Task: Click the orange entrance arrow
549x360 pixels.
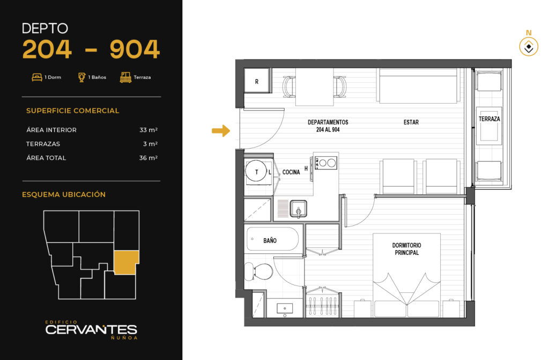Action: pyautogui.click(x=221, y=131)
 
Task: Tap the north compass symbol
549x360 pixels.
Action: pyautogui.click(x=528, y=47)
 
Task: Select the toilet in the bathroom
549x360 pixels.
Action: pyautogui.click(x=258, y=271)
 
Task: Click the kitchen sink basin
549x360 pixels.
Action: pyautogui.click(x=298, y=209)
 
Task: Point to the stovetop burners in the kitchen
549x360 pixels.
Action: pyautogui.click(x=326, y=163)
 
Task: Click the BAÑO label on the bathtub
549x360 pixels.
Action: pyautogui.click(x=270, y=240)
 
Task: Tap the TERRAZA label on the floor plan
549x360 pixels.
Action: pyautogui.click(x=489, y=119)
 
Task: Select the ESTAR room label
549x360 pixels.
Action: pyautogui.click(x=411, y=122)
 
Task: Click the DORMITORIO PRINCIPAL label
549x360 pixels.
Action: pyautogui.click(x=406, y=249)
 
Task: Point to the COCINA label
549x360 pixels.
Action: pyautogui.click(x=291, y=172)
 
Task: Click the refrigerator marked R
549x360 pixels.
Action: pyautogui.click(x=257, y=81)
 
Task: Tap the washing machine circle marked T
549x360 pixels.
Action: pyautogui.click(x=257, y=172)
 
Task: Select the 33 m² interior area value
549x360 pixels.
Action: pyautogui.click(x=149, y=130)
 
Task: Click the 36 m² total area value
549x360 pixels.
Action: pyautogui.click(x=149, y=158)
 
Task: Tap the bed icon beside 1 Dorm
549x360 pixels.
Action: pyautogui.click(x=37, y=77)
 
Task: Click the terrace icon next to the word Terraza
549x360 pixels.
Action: pyautogui.click(x=125, y=77)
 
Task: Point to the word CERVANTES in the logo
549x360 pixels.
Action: pyautogui.click(x=91, y=329)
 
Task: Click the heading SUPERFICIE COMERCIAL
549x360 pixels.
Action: pyautogui.click(x=72, y=111)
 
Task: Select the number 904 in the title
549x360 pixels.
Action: pyautogui.click(x=135, y=49)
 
